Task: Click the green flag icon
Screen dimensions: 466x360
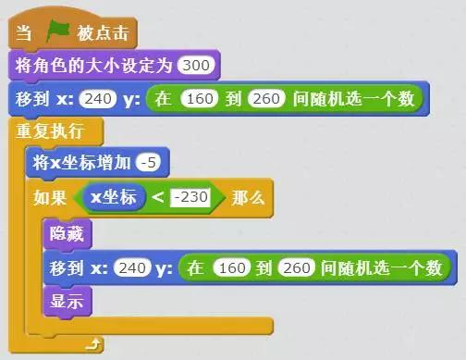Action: [57, 34]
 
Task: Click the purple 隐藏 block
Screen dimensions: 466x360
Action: [68, 235]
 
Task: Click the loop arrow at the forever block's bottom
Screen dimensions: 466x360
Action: [90, 344]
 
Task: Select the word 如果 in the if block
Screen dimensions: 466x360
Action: [51, 196]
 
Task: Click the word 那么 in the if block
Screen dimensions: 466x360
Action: [247, 196]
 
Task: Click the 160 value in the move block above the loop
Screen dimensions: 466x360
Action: [200, 97]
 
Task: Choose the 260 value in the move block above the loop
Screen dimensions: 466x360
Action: [265, 97]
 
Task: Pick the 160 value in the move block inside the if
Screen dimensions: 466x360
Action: [231, 268]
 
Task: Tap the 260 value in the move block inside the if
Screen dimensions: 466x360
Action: [297, 268]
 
